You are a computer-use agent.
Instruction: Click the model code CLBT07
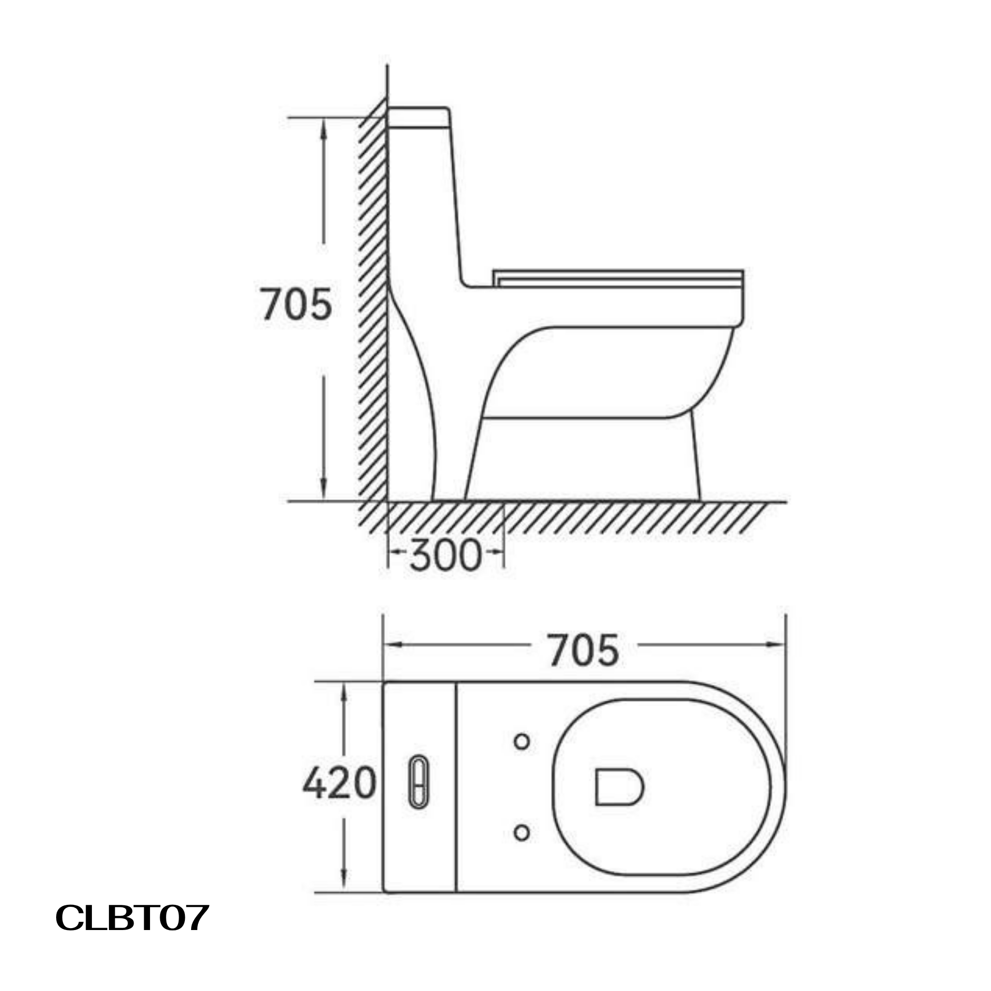tap(132, 917)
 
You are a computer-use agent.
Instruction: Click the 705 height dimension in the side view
tap(297, 305)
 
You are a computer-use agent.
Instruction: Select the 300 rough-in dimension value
tap(446, 556)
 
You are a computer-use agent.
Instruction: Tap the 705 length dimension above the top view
tap(584, 651)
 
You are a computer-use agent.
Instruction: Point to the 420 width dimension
tap(340, 784)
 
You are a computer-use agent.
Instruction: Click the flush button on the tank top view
tap(419, 783)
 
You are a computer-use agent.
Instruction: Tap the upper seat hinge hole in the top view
tap(522, 742)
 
